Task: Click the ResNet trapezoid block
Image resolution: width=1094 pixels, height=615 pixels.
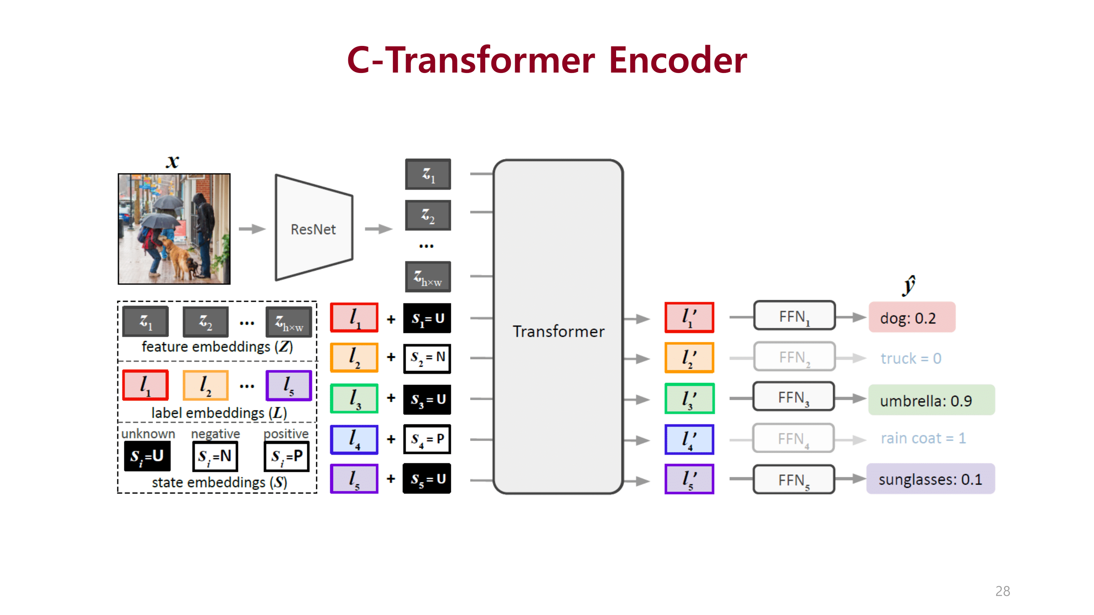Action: pos(313,228)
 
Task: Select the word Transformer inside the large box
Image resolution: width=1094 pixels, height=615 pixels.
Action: pos(558,331)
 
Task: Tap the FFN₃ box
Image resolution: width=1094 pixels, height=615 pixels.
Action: pos(793,397)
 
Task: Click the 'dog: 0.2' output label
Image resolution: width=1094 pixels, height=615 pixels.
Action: pos(911,317)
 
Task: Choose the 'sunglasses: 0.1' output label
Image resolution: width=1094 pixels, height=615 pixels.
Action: pos(930,479)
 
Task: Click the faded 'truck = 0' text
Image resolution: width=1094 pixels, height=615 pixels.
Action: pos(911,358)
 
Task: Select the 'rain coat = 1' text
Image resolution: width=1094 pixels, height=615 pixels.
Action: pos(923,438)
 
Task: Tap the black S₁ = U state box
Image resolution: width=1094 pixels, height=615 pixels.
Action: pos(427,318)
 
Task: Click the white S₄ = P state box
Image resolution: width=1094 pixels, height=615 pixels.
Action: pos(427,439)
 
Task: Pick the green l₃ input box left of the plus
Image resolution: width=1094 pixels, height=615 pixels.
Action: pos(354,399)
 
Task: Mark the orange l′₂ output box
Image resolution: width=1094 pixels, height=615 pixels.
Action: pos(689,358)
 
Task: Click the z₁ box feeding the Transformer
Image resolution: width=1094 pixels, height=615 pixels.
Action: pos(428,174)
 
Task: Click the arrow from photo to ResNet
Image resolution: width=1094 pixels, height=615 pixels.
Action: pos(252,229)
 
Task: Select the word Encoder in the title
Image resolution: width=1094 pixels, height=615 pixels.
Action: pos(677,60)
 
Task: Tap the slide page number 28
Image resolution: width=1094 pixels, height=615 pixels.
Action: pos(1002,591)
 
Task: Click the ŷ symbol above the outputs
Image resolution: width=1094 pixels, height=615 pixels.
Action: pos(909,285)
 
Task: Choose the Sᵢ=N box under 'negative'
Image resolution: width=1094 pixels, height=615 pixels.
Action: pos(215,456)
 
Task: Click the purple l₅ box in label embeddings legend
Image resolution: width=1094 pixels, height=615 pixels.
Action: pos(289,385)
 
